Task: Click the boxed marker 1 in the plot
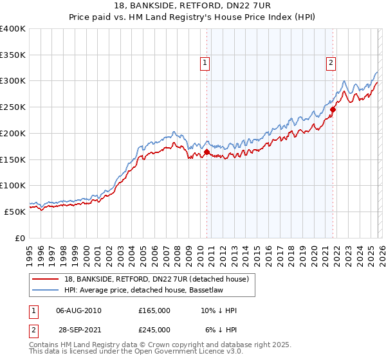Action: pos(205,63)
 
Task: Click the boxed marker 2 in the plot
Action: pos(331,63)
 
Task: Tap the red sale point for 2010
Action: pos(207,152)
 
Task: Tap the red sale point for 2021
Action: pos(333,110)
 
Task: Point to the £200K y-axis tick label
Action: pos(13,134)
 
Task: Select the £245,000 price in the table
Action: pos(154,329)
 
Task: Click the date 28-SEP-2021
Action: pos(78,329)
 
